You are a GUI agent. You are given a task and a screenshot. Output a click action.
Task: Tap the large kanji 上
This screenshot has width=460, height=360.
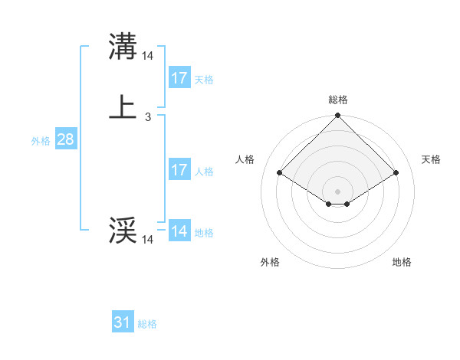pyautogui.click(x=123, y=106)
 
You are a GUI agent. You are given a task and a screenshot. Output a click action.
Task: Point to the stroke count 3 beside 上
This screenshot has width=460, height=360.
pyautogui.click(x=147, y=117)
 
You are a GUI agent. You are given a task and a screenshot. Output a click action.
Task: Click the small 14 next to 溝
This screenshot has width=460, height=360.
pyautogui.click(x=148, y=56)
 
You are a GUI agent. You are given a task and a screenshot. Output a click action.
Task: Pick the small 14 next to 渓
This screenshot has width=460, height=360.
pyautogui.click(x=148, y=240)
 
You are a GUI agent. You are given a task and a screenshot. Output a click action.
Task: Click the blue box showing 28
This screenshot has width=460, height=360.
pyautogui.click(x=65, y=140)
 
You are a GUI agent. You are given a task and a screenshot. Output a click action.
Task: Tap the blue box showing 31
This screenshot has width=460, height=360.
pyautogui.click(x=123, y=322)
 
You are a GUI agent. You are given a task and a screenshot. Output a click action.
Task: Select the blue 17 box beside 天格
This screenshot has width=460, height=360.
pyautogui.click(x=179, y=77)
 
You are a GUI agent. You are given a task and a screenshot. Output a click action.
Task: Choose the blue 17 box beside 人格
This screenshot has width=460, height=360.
pyautogui.click(x=179, y=170)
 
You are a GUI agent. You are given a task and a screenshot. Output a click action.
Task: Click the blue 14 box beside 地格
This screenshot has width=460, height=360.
pyautogui.click(x=179, y=231)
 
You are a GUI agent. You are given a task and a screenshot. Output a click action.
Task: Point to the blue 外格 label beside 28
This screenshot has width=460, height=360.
pyautogui.click(x=41, y=141)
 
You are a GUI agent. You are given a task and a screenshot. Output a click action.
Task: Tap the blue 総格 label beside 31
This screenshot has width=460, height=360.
pyautogui.click(x=147, y=324)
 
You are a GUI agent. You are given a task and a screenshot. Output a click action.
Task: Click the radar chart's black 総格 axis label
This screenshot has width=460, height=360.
pyautogui.click(x=338, y=100)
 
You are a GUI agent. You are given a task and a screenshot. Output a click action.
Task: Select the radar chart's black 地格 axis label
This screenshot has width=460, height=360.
pyautogui.click(x=402, y=262)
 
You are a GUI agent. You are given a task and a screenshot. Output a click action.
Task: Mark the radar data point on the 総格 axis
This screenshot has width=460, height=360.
pyautogui.click(x=338, y=117)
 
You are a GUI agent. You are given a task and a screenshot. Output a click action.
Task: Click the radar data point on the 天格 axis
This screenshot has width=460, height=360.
pyautogui.click(x=396, y=172)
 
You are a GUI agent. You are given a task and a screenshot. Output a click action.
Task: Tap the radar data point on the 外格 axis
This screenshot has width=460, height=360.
pyautogui.click(x=329, y=204)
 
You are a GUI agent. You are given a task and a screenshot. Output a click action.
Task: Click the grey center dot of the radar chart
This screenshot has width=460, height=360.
pyautogui.click(x=338, y=191)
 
